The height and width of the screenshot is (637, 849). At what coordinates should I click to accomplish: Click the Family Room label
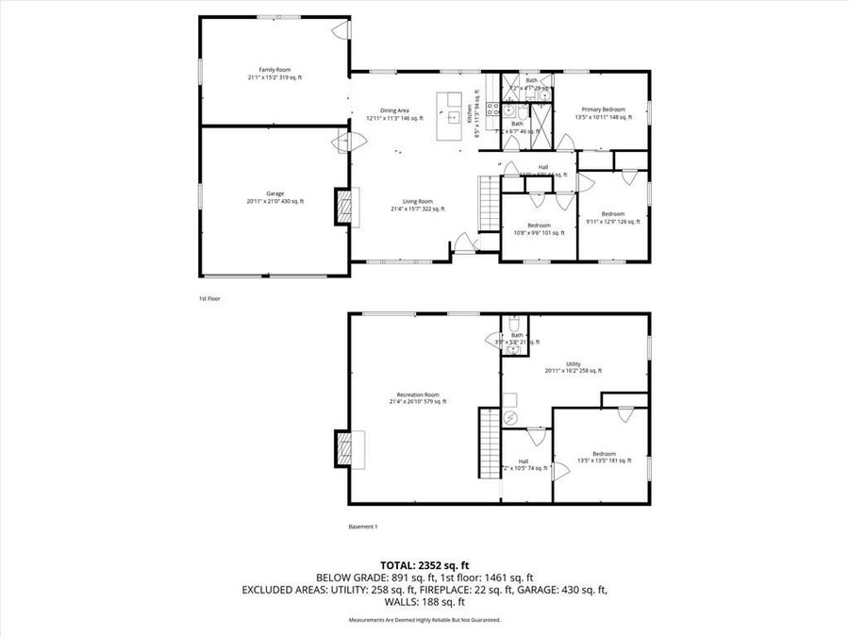point(274,74)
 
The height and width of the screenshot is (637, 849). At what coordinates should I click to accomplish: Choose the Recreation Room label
point(418,397)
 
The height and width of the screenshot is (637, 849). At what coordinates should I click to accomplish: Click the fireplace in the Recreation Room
point(349,449)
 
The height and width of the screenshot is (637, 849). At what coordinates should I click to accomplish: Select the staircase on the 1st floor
point(489,203)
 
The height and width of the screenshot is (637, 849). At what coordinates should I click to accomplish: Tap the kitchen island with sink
point(454,116)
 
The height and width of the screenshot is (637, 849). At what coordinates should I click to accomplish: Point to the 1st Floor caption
point(208,298)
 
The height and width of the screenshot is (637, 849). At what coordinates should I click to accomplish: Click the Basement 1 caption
point(363,527)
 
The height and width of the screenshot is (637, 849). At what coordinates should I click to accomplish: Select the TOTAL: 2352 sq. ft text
point(424,564)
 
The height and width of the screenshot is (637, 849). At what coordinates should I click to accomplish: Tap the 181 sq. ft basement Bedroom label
point(604,457)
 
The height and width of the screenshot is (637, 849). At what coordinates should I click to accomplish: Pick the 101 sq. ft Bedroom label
point(539,228)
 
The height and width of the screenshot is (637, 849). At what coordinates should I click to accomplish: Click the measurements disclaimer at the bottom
point(424,620)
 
